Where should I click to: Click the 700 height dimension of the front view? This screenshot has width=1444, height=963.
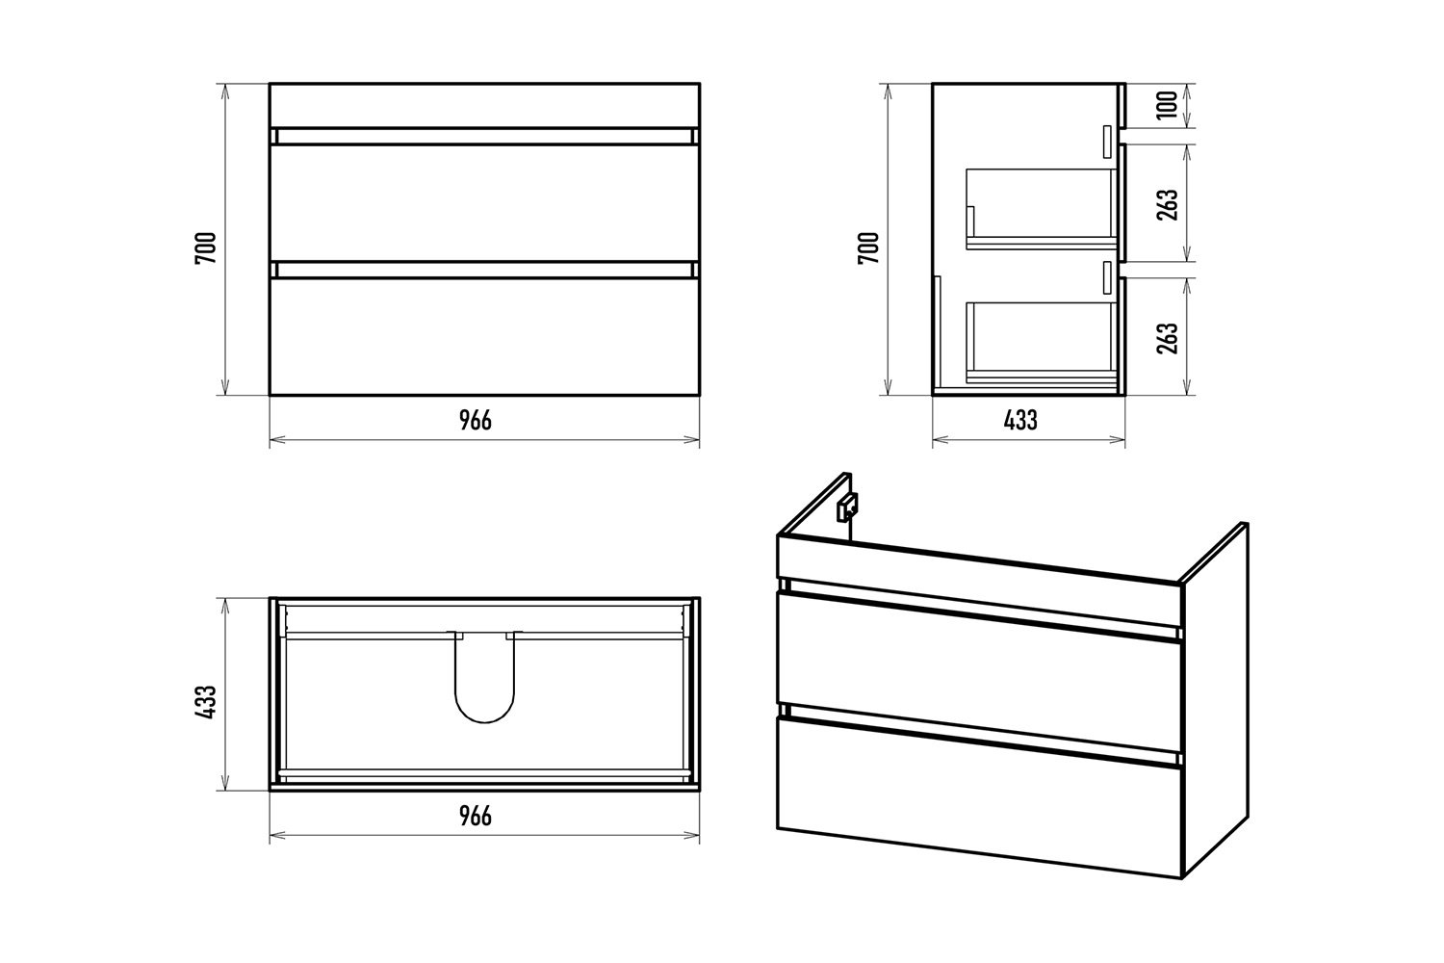pos(206,247)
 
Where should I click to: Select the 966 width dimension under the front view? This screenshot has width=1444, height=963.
pos(476,421)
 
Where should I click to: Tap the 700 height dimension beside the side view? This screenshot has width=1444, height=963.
pos(869,247)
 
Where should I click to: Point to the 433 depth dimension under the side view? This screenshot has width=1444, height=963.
pos(1020,421)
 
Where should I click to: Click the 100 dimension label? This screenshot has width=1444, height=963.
pos(1167,105)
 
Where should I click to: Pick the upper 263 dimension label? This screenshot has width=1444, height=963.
pos(1167,204)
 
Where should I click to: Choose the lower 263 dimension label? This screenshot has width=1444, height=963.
pos(1167,338)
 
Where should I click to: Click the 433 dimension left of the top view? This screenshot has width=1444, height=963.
pos(206,702)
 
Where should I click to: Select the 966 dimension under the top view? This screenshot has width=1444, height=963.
pos(476,817)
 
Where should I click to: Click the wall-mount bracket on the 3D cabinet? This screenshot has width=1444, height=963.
pos(847,507)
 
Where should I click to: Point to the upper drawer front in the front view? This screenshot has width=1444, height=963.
pos(484,202)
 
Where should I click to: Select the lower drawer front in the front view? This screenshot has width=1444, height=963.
pos(484,336)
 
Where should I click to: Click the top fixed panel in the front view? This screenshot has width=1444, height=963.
pos(484,105)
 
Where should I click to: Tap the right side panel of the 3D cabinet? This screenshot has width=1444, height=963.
pos(1215,700)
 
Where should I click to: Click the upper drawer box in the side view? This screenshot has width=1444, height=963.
pos(1041,209)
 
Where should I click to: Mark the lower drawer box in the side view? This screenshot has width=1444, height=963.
pos(1041,343)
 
